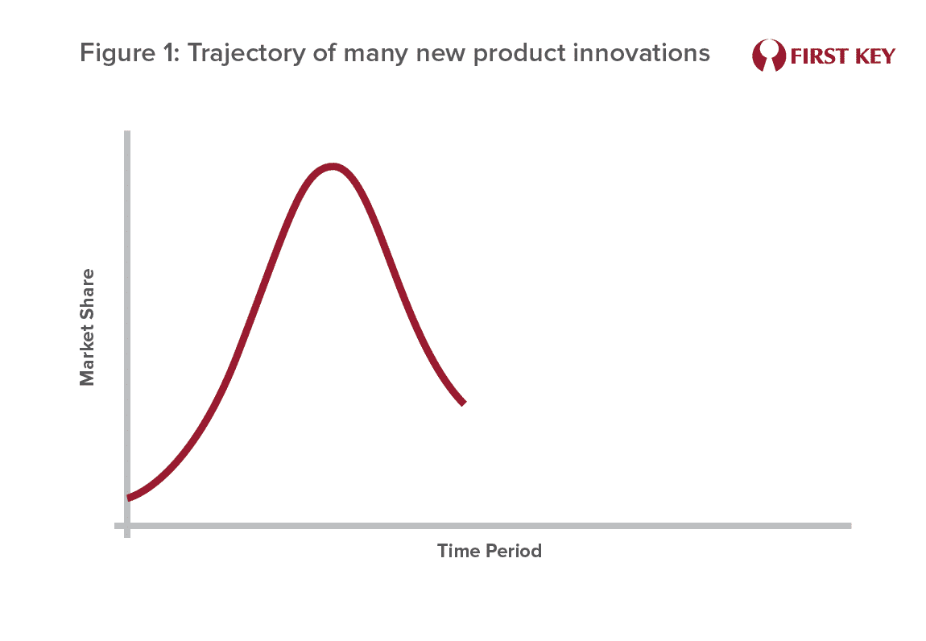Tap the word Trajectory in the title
coord(245,54)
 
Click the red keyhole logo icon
coord(769,56)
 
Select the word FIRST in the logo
coord(819,56)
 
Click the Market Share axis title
coord(87,327)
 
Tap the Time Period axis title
coord(490,551)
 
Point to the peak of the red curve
coord(333,167)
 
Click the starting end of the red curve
coord(129,498)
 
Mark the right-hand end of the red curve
coord(464,403)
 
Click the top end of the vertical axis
coord(127,132)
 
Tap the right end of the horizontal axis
coord(850,525)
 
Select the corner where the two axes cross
coord(127,525)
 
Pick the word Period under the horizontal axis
coord(513,551)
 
